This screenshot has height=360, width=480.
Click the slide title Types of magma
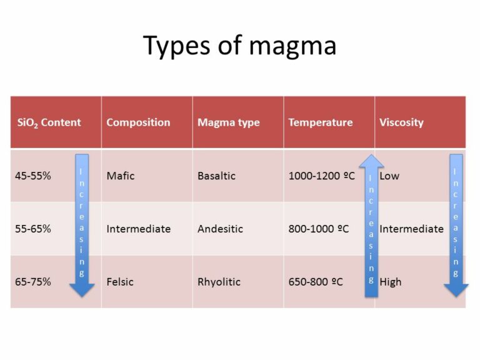[239, 46]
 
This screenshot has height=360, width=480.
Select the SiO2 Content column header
[49, 122]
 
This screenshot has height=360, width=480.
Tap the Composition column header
[138, 122]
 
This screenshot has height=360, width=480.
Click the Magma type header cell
[228, 122]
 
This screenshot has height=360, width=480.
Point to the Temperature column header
[320, 122]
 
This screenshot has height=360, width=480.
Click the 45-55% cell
[33, 176]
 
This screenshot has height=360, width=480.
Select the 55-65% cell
[33, 229]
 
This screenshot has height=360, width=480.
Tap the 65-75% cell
[33, 282]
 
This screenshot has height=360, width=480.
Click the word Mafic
[120, 176]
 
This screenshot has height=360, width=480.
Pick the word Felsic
[120, 282]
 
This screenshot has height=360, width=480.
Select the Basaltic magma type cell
[216, 176]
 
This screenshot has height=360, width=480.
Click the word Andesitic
[220, 229]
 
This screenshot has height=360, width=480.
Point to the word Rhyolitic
[219, 282]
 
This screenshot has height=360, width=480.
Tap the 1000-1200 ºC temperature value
[321, 176]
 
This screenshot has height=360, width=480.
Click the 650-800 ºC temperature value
[316, 282]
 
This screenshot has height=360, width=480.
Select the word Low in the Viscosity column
[389, 176]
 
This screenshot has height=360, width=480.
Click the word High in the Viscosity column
[391, 282]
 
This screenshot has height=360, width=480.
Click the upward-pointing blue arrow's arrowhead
[371, 163]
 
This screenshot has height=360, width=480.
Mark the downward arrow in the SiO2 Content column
[82, 225]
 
